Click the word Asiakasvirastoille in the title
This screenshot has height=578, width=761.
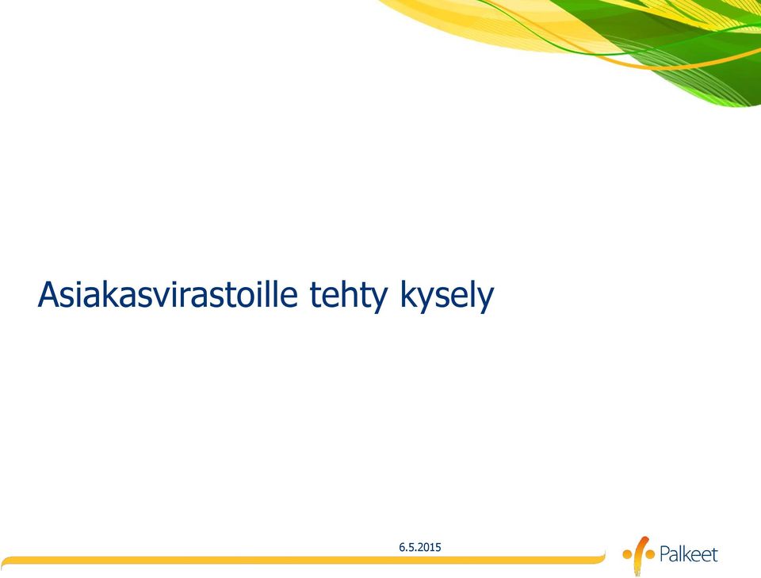(168, 294)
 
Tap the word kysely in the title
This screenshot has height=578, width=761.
(447, 296)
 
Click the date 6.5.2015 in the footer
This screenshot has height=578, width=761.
(420, 547)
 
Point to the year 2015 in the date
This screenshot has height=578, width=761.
(430, 547)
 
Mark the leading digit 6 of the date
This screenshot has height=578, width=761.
(402, 547)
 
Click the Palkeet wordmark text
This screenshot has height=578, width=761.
(688, 554)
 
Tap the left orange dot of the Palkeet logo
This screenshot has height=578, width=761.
(628, 553)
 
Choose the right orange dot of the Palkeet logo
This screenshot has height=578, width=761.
(650, 553)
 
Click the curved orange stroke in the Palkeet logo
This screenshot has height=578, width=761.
(641, 553)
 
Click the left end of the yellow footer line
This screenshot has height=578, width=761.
(4, 561)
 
